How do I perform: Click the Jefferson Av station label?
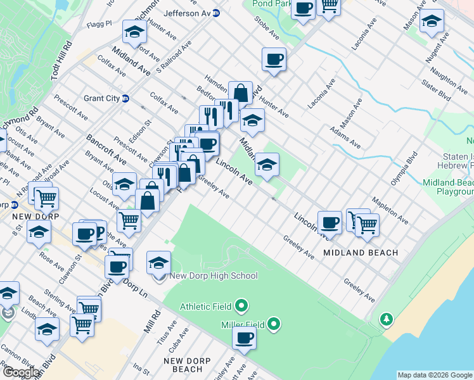[x=186, y=13]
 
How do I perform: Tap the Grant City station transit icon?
[x=125, y=98]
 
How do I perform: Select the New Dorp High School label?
[x=214, y=275]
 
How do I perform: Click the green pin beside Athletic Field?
[x=241, y=307]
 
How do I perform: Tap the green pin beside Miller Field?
[x=274, y=324]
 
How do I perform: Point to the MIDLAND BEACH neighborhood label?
[x=361, y=253]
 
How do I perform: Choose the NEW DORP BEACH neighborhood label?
[x=183, y=365]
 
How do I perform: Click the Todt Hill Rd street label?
[x=65, y=60]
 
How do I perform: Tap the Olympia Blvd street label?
[x=407, y=167]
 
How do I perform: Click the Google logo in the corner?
[x=20, y=372]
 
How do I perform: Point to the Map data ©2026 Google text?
[x=434, y=375]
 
